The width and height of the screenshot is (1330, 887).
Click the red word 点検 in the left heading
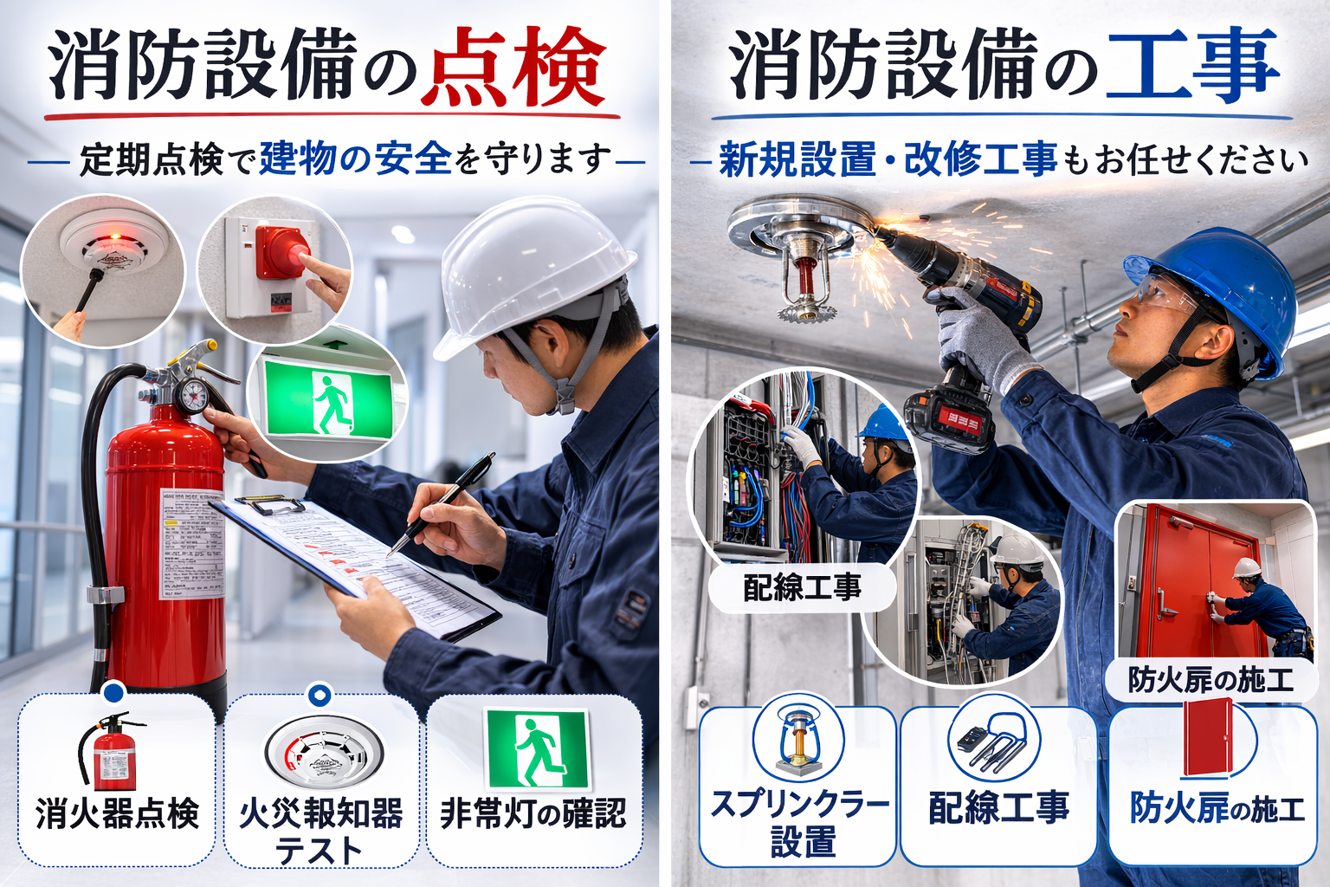click(x=517, y=68)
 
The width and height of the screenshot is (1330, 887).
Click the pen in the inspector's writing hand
click(x=442, y=502)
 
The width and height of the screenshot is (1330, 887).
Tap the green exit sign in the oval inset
click(x=329, y=399)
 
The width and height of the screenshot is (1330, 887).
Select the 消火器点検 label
click(x=118, y=813)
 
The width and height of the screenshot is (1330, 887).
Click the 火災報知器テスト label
click(x=320, y=830)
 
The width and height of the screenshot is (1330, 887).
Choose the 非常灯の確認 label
click(x=533, y=813)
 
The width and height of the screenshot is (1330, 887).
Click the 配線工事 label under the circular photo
click(x=802, y=588)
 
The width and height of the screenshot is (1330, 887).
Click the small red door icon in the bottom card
click(x=1209, y=736)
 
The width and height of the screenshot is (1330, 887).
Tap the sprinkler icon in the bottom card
click(x=797, y=741)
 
